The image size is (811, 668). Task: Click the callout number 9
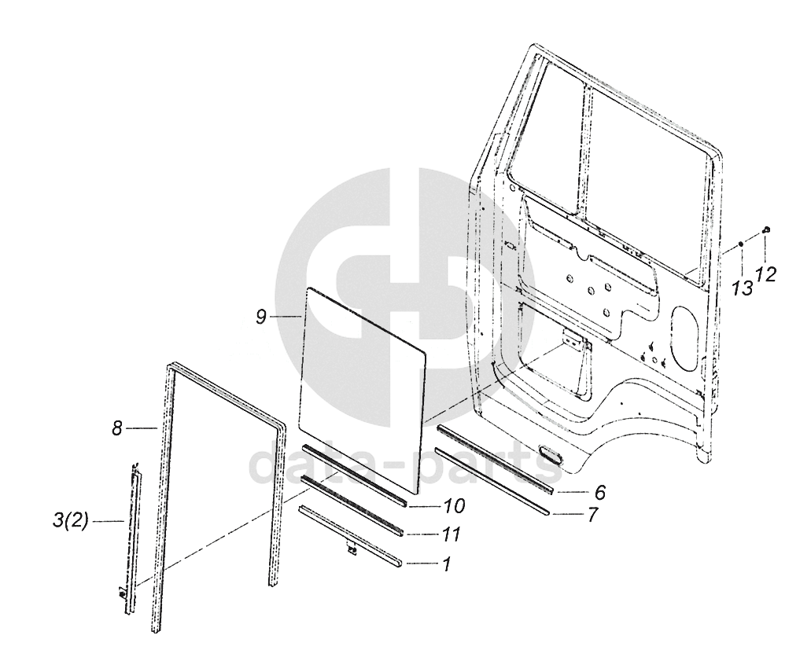(261, 316)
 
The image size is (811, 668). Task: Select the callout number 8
(116, 429)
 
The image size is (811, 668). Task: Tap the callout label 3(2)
(68, 520)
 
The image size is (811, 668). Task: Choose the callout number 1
(446, 563)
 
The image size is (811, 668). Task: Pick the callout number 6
(599, 493)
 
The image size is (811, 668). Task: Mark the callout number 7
(592, 515)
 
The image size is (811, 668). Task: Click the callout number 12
(765, 274)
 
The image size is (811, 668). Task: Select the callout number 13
(742, 288)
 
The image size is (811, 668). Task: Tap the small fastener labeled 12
(767, 230)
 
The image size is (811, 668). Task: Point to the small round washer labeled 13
(741, 245)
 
